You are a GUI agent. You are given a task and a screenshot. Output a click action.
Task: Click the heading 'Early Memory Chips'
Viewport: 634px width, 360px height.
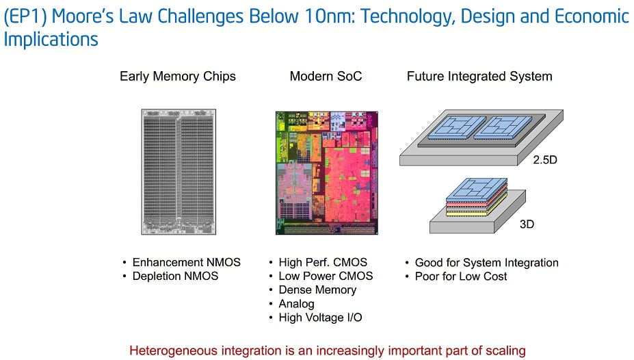pos(178,77)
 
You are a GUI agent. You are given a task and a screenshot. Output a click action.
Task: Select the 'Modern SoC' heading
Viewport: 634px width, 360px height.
pos(326,76)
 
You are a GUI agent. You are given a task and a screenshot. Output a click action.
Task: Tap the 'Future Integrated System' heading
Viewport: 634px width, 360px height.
pos(479,77)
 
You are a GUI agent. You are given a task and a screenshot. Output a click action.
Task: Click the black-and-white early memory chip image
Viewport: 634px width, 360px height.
pos(179,172)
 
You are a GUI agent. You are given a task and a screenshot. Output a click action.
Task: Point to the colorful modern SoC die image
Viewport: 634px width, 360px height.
pos(327,173)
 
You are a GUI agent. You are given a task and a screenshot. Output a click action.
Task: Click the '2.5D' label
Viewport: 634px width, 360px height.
pos(544,159)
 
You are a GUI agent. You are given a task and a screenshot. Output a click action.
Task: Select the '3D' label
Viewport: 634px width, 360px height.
pos(527,224)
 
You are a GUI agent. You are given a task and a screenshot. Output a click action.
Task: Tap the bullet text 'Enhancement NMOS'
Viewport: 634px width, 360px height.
pos(187,263)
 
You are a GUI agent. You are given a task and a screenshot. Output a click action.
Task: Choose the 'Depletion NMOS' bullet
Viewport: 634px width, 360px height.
pos(175,277)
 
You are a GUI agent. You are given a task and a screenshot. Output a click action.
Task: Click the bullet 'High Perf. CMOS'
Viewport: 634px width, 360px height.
pos(323,263)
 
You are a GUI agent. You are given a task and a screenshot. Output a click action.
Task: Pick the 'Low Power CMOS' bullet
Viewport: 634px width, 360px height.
pos(326,277)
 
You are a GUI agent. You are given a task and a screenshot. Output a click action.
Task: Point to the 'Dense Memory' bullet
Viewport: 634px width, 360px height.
pos(317,290)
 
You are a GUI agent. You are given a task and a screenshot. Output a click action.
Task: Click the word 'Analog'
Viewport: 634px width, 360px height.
pos(296,304)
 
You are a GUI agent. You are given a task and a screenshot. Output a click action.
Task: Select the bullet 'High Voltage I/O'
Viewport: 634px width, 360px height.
pos(320,318)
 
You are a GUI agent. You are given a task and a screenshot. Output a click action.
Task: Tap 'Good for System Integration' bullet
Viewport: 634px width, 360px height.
pos(486,263)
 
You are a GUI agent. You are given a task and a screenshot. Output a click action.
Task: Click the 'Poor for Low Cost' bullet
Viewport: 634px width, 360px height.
pos(460,277)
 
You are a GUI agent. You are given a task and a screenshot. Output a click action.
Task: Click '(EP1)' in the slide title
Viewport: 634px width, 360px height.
pos(25,16)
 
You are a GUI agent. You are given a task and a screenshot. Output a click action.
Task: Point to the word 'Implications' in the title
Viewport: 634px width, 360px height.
pos(51,40)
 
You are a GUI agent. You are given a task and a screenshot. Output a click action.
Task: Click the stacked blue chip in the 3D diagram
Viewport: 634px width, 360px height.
pos(477,190)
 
